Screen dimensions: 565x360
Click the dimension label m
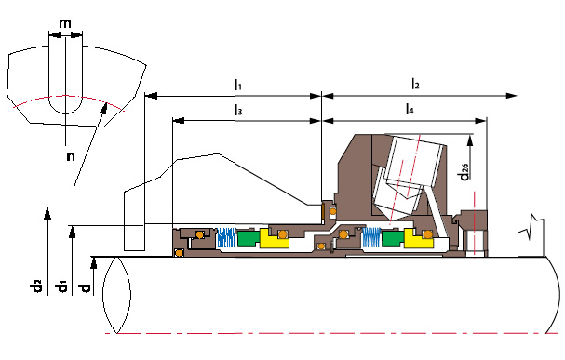click(x=65, y=24)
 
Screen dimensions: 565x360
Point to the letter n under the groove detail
click(x=71, y=156)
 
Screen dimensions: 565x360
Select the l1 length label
click(x=237, y=85)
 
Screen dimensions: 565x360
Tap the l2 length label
click(x=415, y=84)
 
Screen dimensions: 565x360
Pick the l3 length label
click(x=238, y=110)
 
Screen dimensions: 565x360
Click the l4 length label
click(x=410, y=108)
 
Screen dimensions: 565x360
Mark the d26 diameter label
click(x=464, y=172)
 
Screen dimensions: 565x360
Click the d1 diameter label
click(x=61, y=287)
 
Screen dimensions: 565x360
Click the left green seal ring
click(x=248, y=238)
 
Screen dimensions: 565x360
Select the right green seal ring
click(x=393, y=237)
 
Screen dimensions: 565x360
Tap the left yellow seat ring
click(x=274, y=238)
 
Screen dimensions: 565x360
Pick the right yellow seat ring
click(x=418, y=238)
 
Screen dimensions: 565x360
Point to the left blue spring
click(x=226, y=237)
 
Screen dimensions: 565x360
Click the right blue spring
click(x=371, y=237)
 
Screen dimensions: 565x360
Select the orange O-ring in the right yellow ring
click(x=428, y=234)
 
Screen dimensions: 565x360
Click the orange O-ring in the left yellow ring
click(x=283, y=234)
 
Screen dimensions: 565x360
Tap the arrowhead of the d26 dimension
click(x=469, y=140)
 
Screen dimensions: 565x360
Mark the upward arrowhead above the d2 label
click(x=47, y=213)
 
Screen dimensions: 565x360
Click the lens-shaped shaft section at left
click(x=116, y=295)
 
